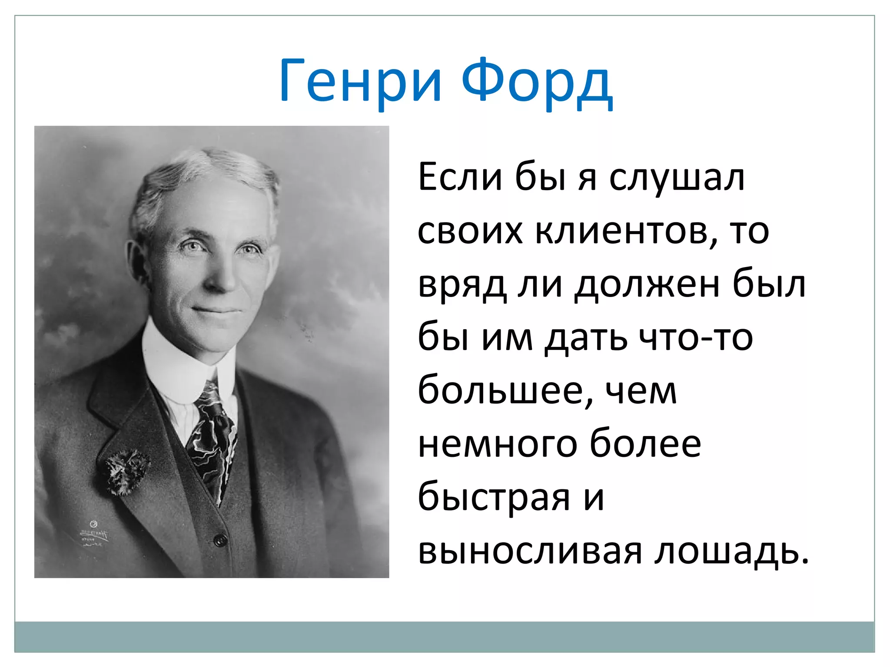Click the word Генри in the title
coord(361,81)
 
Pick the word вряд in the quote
coord(462,287)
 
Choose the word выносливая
coord(530,551)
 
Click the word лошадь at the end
coord(731,551)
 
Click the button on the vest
coord(220,540)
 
